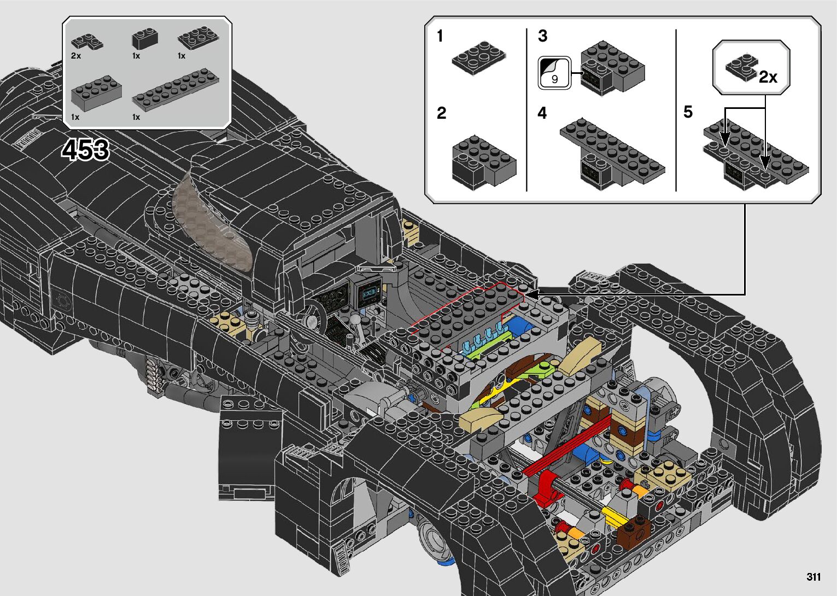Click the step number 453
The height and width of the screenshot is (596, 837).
[x=86, y=149]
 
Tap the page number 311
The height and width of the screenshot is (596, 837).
[x=813, y=576]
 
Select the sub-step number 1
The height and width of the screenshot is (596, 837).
[x=440, y=36]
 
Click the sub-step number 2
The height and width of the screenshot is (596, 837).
[x=441, y=113]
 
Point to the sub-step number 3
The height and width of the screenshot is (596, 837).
[x=542, y=36]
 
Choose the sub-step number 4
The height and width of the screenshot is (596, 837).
[x=542, y=113]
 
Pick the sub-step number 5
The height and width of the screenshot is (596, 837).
[x=688, y=112]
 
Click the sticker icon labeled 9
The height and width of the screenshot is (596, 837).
[x=554, y=73]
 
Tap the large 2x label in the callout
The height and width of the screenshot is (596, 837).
[x=768, y=77]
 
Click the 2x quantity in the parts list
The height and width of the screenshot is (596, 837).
[x=76, y=56]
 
